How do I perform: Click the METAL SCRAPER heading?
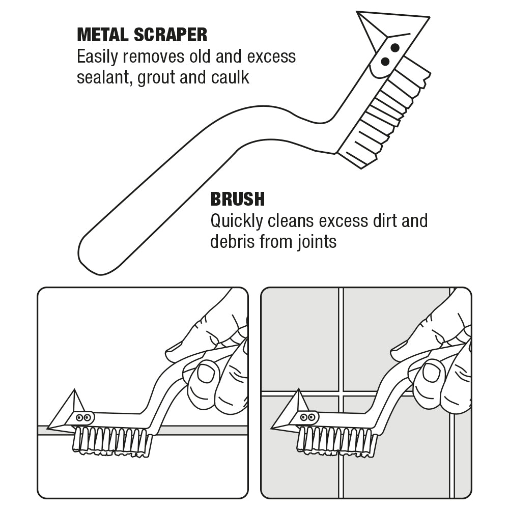(142, 35)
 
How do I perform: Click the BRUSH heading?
(237, 199)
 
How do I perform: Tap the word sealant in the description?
(103, 78)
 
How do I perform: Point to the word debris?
(232, 241)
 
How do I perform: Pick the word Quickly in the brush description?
(237, 220)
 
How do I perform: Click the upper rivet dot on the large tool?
(394, 47)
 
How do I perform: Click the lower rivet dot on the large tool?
(385, 62)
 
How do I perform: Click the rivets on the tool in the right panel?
(307, 417)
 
